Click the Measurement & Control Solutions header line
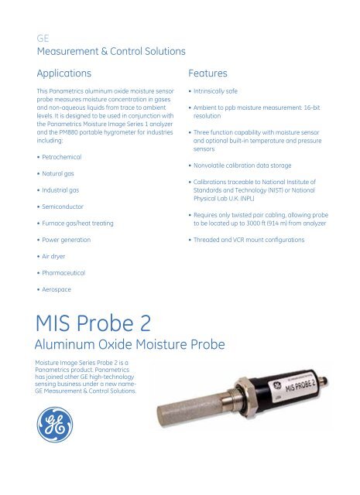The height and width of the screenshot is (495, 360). [111, 52]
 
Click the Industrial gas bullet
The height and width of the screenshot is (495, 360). [63, 190]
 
